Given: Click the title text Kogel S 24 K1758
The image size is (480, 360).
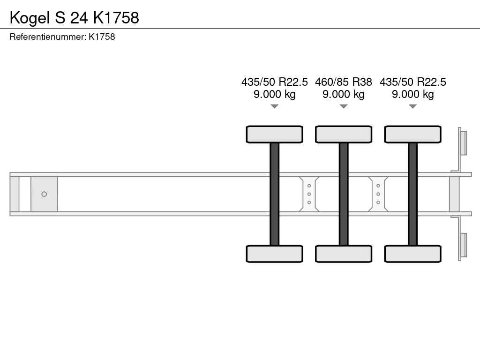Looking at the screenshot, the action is (75, 18).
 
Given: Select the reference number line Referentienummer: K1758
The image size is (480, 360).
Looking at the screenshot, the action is (62, 37).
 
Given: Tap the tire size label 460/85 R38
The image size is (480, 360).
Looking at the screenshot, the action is (344, 82).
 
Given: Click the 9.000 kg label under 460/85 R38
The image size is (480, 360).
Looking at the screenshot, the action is (344, 94).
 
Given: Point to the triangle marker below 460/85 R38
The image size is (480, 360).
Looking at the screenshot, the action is (344, 106).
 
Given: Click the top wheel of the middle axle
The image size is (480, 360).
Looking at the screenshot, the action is (344, 135).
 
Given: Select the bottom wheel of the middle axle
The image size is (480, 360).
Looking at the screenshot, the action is (344, 254).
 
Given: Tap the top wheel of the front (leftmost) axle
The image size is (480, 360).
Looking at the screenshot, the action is (275, 135).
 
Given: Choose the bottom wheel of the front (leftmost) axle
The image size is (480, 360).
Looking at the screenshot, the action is (275, 254).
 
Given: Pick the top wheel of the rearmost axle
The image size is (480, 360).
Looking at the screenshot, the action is (413, 135).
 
